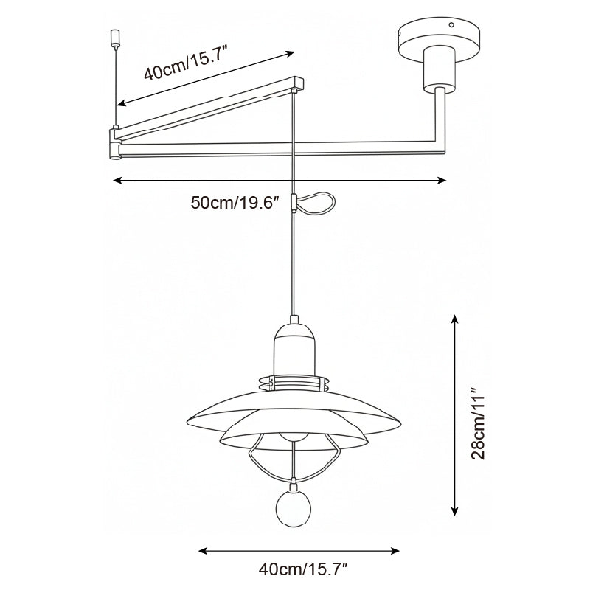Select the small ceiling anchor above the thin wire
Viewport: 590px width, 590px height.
pos(114,35)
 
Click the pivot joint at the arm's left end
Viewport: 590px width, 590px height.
pos(115,143)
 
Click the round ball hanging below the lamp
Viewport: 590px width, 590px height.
pos(294,510)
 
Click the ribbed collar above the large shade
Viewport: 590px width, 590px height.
pos(294,384)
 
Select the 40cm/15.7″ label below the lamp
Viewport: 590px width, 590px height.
pos(302,569)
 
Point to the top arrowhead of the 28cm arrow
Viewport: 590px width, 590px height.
pos(456,319)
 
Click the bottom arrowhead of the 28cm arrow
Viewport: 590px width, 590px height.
pos(456,510)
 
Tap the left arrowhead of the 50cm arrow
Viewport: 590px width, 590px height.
pos(116,180)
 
